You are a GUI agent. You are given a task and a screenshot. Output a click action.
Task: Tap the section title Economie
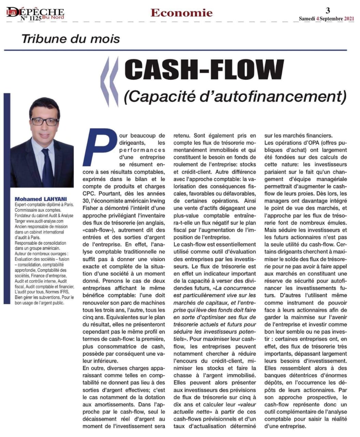tap(181, 13)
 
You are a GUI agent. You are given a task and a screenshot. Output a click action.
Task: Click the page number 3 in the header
tap(328, 10)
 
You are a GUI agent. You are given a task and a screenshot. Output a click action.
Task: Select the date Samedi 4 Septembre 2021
tap(326, 19)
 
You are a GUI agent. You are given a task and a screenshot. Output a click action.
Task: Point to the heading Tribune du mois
tap(70, 39)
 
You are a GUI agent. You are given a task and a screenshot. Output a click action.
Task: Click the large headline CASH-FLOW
tap(204, 69)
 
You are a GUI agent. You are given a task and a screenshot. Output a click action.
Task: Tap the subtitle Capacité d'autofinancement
tap(235, 96)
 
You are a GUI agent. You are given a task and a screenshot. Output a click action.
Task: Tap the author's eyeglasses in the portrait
tap(44, 121)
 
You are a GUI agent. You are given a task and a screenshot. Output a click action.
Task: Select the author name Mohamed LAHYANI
tap(41, 199)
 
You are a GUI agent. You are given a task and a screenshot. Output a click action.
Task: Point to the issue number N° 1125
tap(31, 19)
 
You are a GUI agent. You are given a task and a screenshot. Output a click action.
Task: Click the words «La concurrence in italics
tap(234, 288)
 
